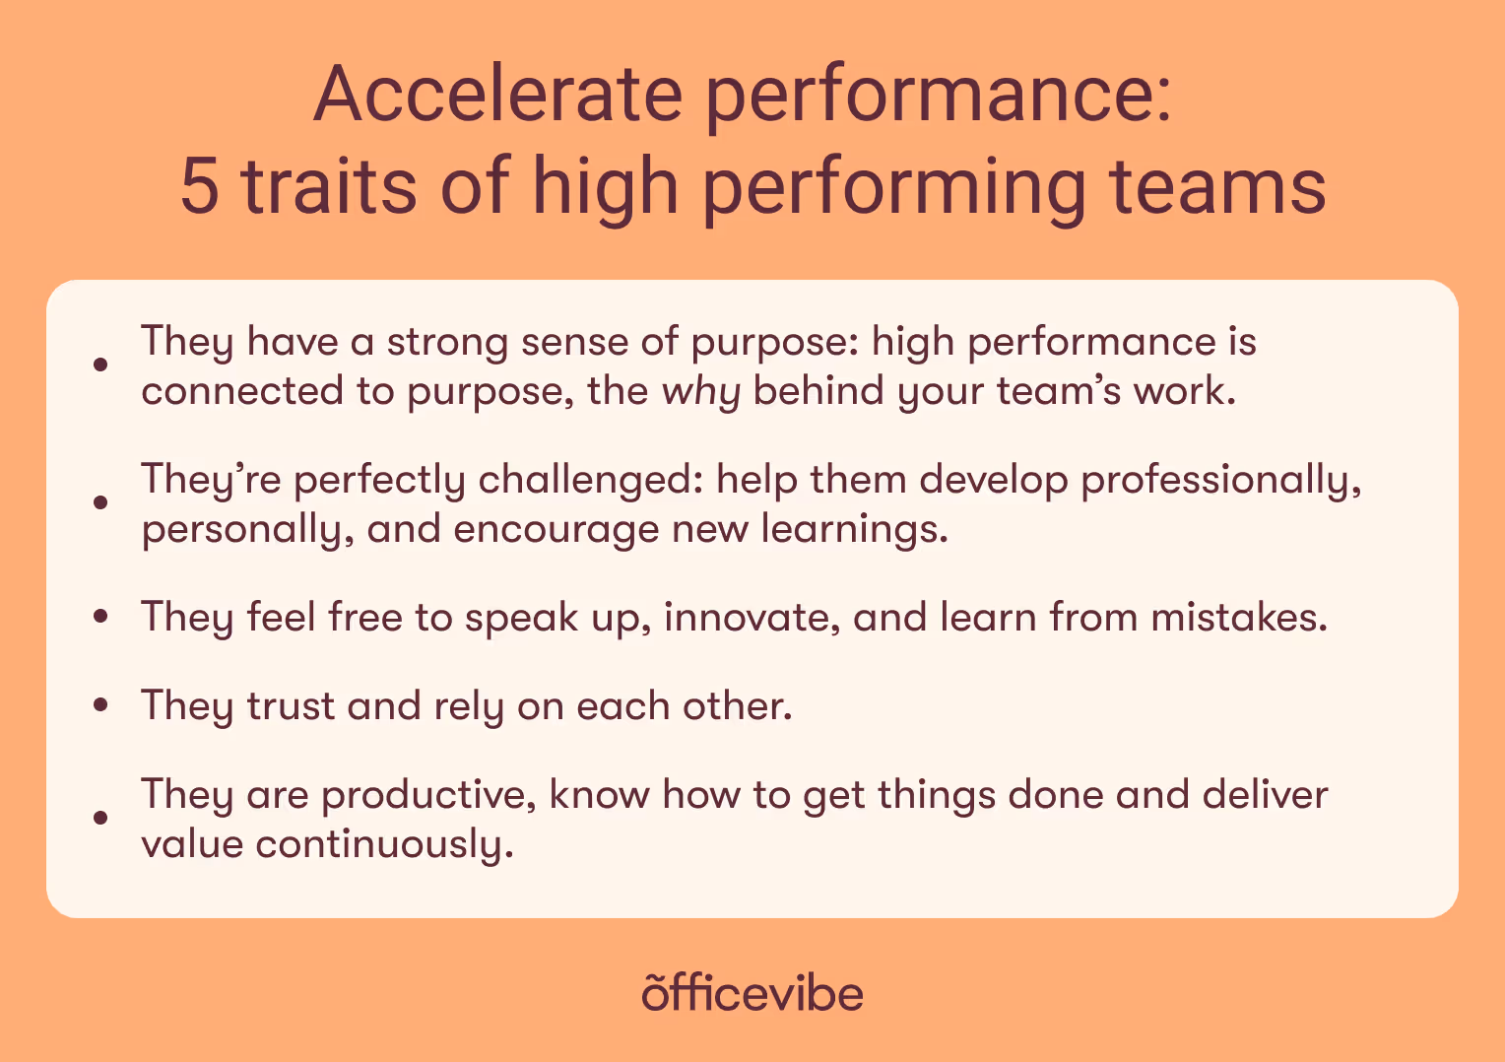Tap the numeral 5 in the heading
pos(200,187)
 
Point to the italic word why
pos(700,392)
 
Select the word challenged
pos(590,480)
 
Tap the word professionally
pos(1221,480)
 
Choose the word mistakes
pos(1239,618)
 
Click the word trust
pos(291,706)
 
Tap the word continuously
pos(384,844)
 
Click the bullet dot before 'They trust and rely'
pos(99,706)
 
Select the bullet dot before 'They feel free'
pos(99,618)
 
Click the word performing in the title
pos(895,187)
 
